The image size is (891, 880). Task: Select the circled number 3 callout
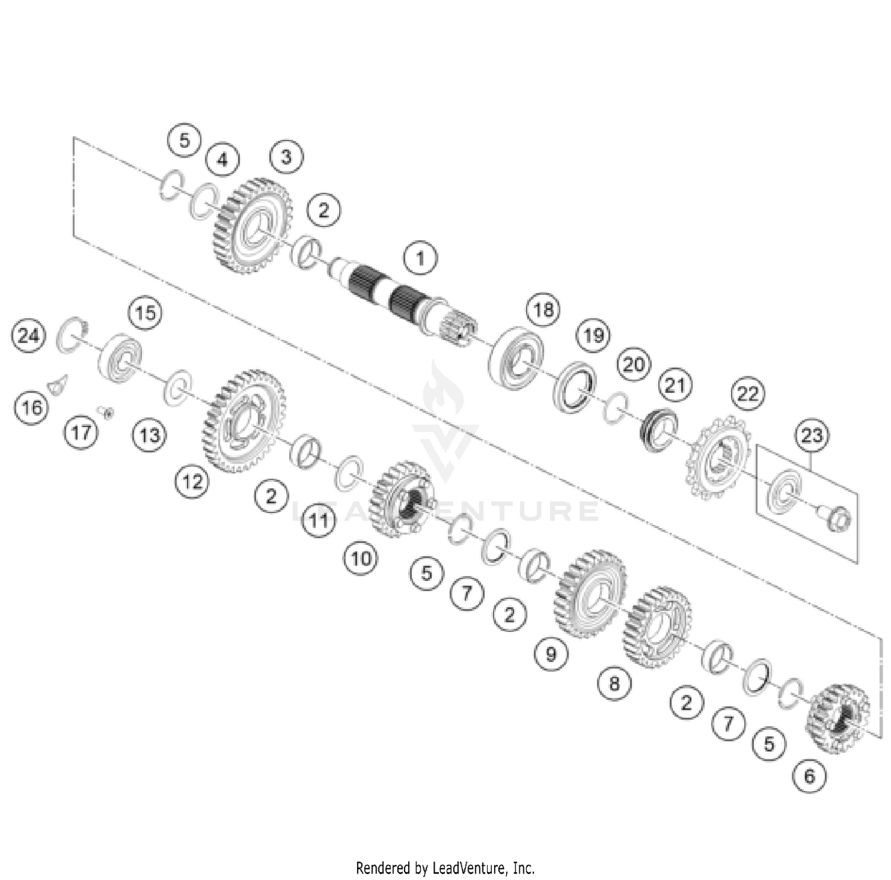click(x=286, y=157)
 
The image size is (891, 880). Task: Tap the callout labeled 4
click(x=222, y=160)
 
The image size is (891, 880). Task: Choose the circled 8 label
click(x=614, y=683)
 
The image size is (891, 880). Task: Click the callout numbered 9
click(x=551, y=654)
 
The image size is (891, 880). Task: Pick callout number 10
click(x=361, y=558)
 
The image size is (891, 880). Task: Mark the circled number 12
click(x=192, y=481)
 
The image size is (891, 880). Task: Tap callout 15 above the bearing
click(x=146, y=312)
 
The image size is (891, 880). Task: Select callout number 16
click(x=31, y=407)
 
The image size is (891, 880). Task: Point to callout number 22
click(x=748, y=393)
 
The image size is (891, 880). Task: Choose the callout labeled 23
click(x=811, y=435)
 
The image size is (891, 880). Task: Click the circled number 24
click(x=29, y=336)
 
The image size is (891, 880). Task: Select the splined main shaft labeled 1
click(x=398, y=297)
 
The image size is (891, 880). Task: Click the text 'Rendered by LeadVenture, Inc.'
click(x=445, y=868)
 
